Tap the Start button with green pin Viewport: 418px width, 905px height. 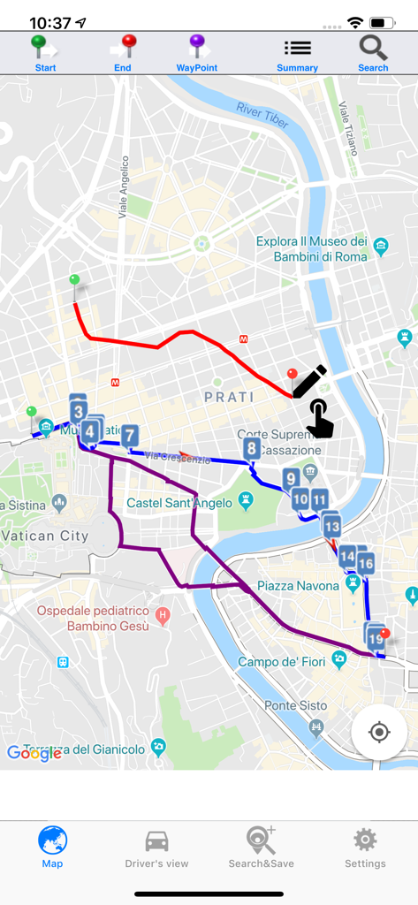click(x=45, y=53)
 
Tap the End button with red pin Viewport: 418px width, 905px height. click(x=123, y=53)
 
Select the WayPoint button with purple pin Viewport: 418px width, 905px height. click(x=197, y=53)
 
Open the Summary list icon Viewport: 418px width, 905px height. click(x=297, y=53)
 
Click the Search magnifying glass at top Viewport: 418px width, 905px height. click(x=373, y=53)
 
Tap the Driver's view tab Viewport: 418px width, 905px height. click(x=156, y=848)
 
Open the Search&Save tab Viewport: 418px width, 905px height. click(x=261, y=848)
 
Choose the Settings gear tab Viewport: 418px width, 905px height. click(x=365, y=848)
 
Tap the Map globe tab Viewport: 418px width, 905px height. click(x=52, y=848)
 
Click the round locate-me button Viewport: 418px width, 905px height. click(x=379, y=732)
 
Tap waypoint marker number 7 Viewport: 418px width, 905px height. click(x=130, y=436)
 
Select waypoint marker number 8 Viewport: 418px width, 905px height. click(x=252, y=449)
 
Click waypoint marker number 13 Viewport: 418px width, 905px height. click(x=331, y=527)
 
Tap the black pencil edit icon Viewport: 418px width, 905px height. click(x=309, y=382)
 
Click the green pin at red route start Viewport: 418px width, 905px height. click(x=74, y=282)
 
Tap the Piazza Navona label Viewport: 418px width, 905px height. click(x=298, y=586)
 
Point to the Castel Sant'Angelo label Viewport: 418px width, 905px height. click(x=179, y=503)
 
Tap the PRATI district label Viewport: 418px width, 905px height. click(x=229, y=397)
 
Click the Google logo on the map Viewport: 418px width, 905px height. click(x=34, y=753)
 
